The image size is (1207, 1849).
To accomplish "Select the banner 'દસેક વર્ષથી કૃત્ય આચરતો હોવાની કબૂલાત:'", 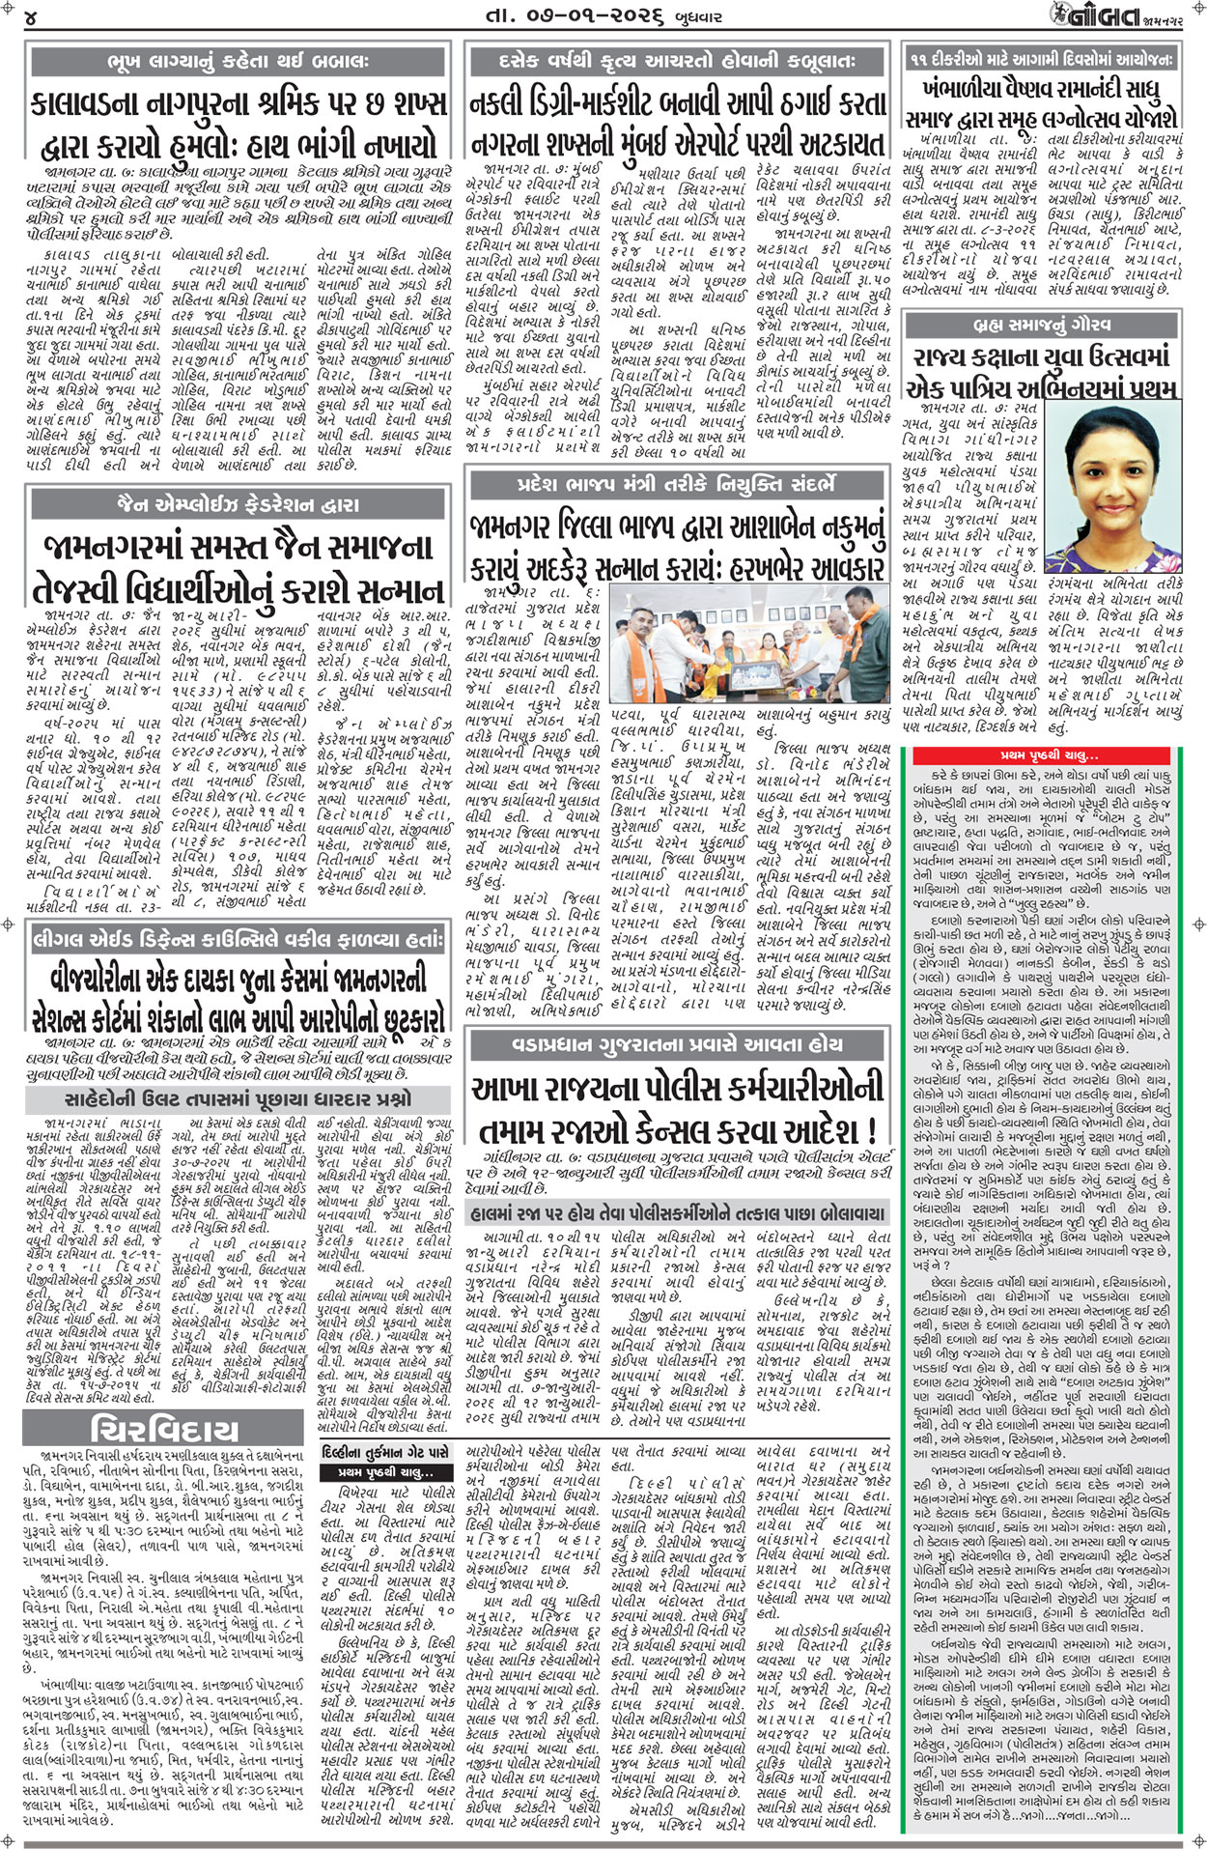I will (677, 61).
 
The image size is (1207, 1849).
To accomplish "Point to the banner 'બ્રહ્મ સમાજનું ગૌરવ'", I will (1040, 324).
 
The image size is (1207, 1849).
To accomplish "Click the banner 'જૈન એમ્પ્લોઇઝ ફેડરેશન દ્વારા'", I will (238, 503).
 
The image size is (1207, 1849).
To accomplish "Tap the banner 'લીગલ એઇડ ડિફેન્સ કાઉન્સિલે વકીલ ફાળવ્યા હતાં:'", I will (238, 940).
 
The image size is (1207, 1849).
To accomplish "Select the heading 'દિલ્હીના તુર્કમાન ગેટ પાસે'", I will (385, 1450).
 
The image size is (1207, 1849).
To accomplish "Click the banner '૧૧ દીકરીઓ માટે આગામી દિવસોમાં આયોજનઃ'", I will (1042, 60).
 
